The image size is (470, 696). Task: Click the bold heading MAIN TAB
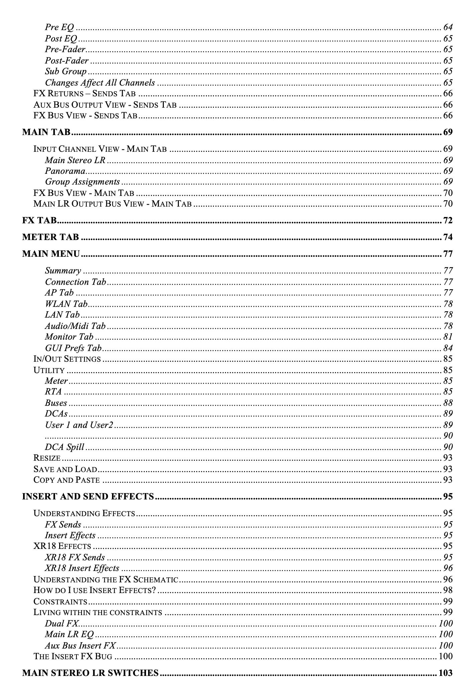coord(46,132)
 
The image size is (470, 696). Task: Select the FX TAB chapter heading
coord(39,220)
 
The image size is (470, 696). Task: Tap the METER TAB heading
coord(50,237)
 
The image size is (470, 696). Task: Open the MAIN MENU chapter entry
coord(51,254)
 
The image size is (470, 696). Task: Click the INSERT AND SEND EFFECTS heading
coord(88,496)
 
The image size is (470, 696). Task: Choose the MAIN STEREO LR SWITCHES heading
coord(90,673)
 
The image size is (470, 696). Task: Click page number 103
coord(446,673)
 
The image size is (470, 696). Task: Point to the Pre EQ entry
coord(59,27)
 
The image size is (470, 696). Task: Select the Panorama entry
coord(65,171)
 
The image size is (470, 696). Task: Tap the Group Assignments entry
coord(82,182)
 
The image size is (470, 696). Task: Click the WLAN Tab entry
coord(66,304)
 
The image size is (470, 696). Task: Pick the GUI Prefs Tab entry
coord(73,348)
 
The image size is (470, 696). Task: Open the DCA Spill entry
coord(65,447)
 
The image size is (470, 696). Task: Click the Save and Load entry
coord(65,469)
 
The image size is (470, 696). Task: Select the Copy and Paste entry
coord(67,480)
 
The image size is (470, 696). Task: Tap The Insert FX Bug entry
coord(73,656)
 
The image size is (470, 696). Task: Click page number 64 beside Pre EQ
coord(448,27)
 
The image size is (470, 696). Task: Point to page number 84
coord(448,348)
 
